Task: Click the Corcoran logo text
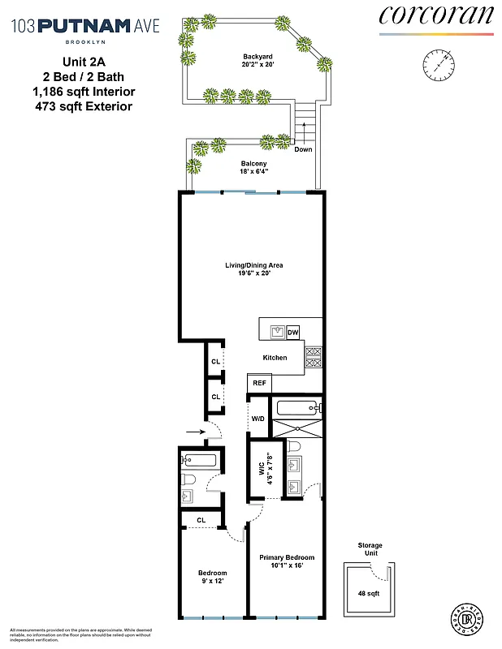tap(435, 15)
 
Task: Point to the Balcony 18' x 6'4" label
tap(253, 168)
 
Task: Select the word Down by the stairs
tap(302, 149)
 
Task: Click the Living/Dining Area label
tap(253, 269)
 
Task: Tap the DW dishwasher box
tap(293, 331)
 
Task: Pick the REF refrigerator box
tap(259, 382)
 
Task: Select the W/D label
tap(257, 419)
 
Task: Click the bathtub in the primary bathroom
tap(298, 407)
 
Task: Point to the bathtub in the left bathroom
tap(197, 461)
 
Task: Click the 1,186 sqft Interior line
tap(99, 91)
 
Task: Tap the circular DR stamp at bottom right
tap(463, 618)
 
